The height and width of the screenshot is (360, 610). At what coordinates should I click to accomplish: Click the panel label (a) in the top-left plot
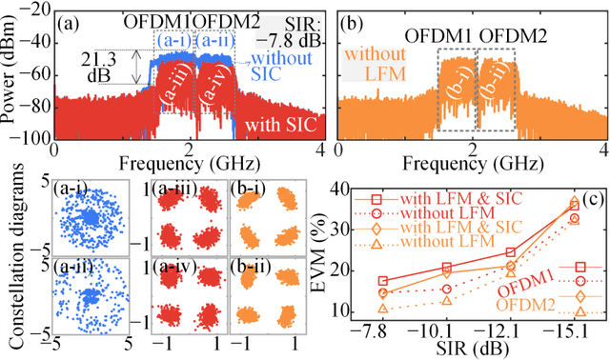70,22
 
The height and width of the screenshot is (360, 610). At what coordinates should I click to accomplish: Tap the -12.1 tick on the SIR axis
511,330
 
